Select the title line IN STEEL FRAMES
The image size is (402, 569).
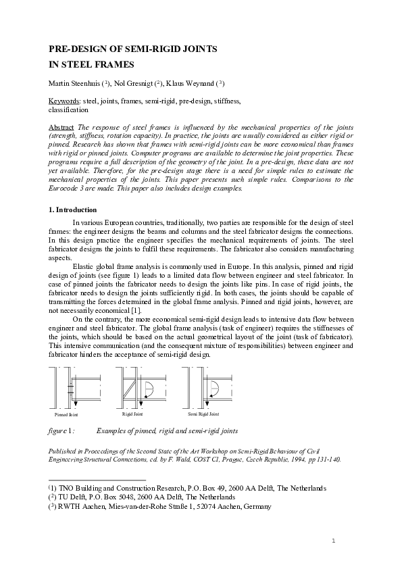point(92,65)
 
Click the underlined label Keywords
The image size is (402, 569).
point(65,100)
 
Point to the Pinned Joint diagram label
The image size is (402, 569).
point(66,414)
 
